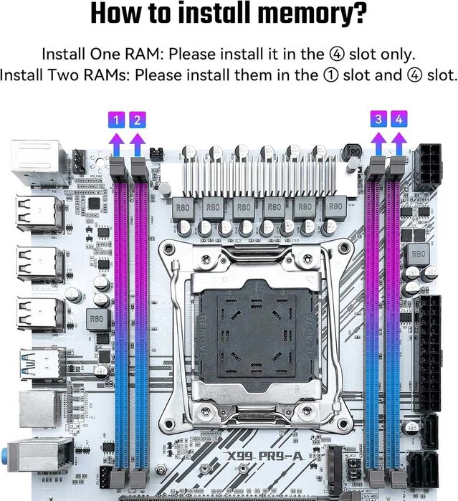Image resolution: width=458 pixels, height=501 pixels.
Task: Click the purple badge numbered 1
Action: click(x=117, y=120)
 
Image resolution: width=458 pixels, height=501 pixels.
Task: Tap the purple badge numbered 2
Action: click(x=137, y=120)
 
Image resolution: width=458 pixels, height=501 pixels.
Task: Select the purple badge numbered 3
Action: click(x=378, y=120)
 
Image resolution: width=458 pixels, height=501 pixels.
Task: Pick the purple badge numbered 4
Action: click(x=399, y=120)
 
